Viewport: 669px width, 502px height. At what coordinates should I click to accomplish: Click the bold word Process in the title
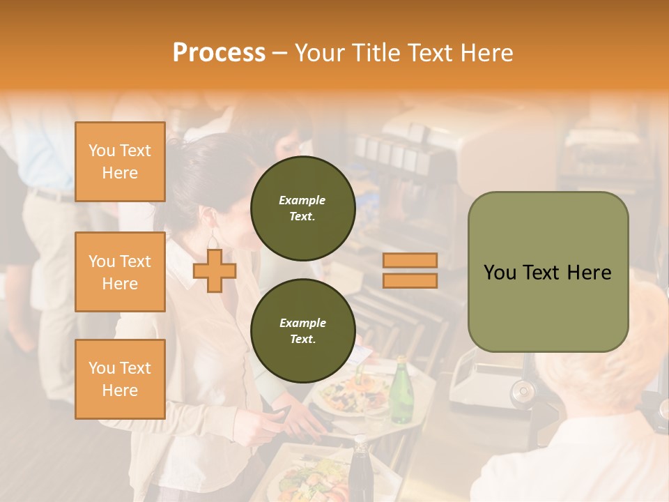pyautogui.click(x=219, y=53)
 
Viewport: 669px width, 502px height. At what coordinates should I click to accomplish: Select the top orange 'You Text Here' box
pyautogui.click(x=120, y=162)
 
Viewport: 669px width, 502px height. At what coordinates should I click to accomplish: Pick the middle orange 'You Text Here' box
pyautogui.click(x=120, y=272)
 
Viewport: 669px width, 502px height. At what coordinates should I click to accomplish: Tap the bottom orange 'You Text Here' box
pyautogui.click(x=120, y=379)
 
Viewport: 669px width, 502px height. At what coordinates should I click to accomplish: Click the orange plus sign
pyautogui.click(x=215, y=271)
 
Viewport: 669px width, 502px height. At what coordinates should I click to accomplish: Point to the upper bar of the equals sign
pyautogui.click(x=410, y=261)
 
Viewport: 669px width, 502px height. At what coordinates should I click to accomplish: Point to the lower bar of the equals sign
pyautogui.click(x=410, y=280)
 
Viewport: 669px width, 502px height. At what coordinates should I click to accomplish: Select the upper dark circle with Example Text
pyautogui.click(x=302, y=208)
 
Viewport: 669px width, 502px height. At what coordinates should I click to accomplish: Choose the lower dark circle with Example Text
pyautogui.click(x=302, y=330)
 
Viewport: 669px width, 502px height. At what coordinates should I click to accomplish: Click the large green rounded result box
pyautogui.click(x=548, y=272)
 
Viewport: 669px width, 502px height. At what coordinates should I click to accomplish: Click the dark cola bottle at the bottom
pyautogui.click(x=360, y=471)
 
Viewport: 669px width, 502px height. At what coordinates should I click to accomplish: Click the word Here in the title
pyautogui.click(x=488, y=53)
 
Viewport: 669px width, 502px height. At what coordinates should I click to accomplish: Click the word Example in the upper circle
pyautogui.click(x=302, y=200)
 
